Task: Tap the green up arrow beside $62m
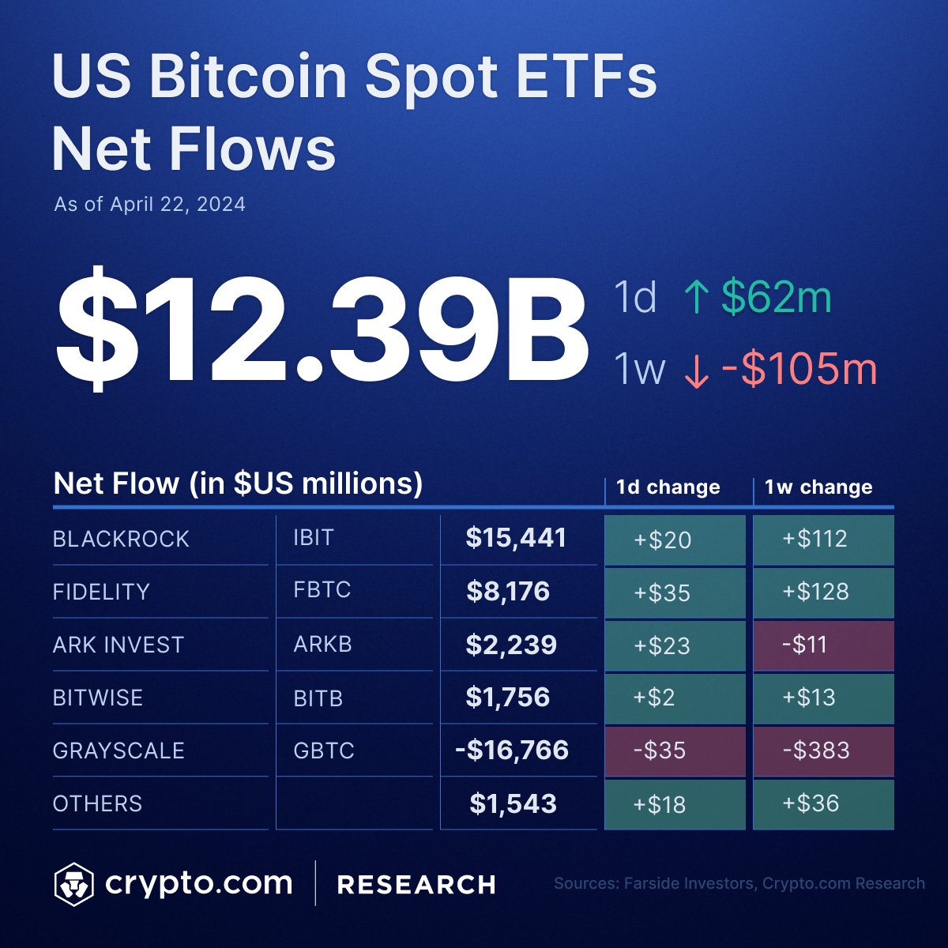click(x=696, y=299)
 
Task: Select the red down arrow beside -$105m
click(x=695, y=371)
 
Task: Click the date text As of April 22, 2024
click(x=149, y=205)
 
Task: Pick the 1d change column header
click(x=668, y=487)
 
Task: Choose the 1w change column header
click(x=818, y=487)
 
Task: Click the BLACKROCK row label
click(x=121, y=539)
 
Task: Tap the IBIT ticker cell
click(x=314, y=538)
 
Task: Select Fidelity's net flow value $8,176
click(x=507, y=592)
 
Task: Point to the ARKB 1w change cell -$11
click(x=822, y=645)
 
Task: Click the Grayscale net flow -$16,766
click(x=512, y=750)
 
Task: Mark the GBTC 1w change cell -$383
click(x=822, y=750)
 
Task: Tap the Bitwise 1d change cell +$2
click(x=674, y=698)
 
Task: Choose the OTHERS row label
click(x=97, y=803)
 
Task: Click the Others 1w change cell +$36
click(x=822, y=803)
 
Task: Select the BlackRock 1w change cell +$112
click(x=822, y=539)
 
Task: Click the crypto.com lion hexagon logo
click(x=73, y=884)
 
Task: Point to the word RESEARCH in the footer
click(x=416, y=885)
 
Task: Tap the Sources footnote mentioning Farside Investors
click(x=739, y=883)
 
